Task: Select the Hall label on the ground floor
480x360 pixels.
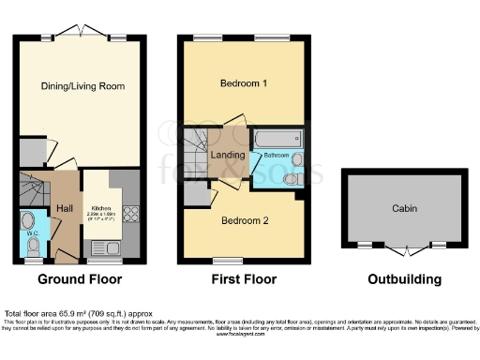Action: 64,207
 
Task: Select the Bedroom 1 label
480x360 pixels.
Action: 244,83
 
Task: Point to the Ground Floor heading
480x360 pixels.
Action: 79,279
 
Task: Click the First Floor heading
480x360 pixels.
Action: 244,279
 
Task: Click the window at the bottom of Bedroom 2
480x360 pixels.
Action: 225,260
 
